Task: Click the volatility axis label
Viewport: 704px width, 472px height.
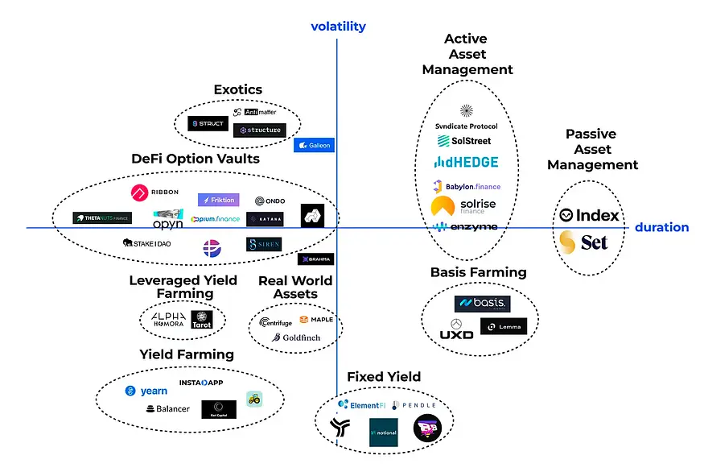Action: tap(338, 27)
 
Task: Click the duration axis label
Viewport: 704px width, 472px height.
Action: tap(661, 227)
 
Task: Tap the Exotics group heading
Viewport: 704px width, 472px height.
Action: tap(238, 89)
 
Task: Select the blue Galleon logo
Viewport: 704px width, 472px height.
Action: tap(313, 146)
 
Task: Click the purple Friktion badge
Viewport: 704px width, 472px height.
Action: tap(218, 200)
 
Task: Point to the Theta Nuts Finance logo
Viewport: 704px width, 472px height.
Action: tap(102, 217)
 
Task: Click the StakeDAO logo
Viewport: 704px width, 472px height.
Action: tap(151, 242)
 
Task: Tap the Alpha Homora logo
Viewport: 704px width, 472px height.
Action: tap(169, 319)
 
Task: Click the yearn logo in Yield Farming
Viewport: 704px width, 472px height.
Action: tap(146, 391)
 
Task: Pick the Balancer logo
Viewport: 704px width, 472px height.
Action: tap(167, 409)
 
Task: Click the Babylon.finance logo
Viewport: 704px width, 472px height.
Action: tap(467, 186)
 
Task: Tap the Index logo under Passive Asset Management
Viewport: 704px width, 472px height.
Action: tap(590, 215)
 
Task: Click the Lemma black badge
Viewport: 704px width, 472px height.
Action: tap(504, 326)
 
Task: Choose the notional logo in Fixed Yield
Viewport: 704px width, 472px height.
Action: tap(384, 433)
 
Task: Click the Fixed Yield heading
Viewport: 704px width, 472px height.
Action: tap(384, 377)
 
